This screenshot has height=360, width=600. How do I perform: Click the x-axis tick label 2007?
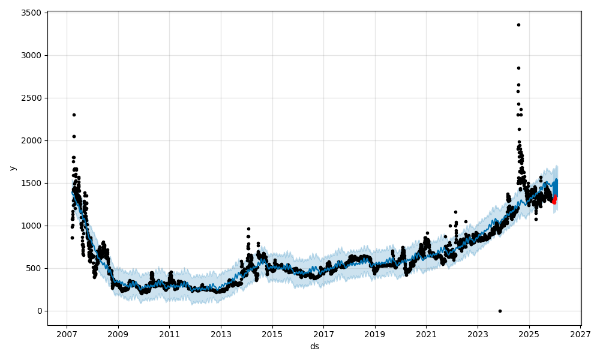tap(67, 334)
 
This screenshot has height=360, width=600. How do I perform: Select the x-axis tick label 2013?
tap(221, 334)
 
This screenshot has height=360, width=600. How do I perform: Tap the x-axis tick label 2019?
tap(375, 334)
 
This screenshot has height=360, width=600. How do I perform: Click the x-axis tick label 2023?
tap(478, 334)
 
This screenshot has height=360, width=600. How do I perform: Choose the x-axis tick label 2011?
tap(169, 334)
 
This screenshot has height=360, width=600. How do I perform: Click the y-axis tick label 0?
tap(39, 311)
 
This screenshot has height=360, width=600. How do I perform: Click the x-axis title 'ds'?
tap(314, 347)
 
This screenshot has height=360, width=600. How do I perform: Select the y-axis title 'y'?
tap(13, 168)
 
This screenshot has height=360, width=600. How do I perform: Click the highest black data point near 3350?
tap(518, 25)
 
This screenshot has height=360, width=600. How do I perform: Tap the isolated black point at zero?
tap(500, 311)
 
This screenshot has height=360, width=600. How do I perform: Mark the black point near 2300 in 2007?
tap(74, 115)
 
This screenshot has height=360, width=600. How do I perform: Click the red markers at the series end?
tap(554, 200)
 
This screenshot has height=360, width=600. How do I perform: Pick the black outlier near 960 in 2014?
tap(248, 229)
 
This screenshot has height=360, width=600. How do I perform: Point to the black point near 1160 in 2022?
tap(455, 212)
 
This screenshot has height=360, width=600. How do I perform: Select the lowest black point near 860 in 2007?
tap(72, 238)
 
